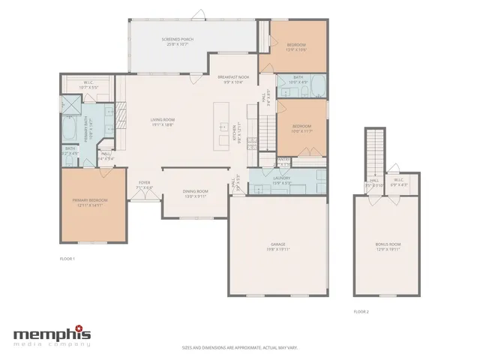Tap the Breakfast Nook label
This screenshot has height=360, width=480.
pos(232,79)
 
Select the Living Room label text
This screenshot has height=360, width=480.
pos(162,122)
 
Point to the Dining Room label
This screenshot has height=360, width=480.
pos(196,193)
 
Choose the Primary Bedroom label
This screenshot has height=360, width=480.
pos(90,202)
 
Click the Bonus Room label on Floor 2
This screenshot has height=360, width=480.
pos(388,246)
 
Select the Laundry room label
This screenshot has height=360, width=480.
pos(281,180)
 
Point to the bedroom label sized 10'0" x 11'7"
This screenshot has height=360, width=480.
pos(301,127)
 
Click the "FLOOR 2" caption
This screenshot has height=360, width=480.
pos(361,311)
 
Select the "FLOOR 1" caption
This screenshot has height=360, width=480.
pos(67,259)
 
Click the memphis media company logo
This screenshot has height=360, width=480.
pos(52,335)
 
